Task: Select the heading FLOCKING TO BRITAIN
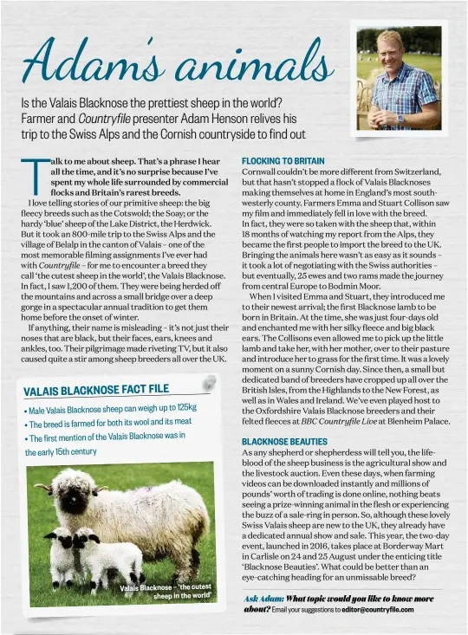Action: pos(283,161)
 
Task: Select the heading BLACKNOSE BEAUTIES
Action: pos(284,442)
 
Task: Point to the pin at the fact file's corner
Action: pos(208,382)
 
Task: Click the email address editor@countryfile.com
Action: pos(378,609)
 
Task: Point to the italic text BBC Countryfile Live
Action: pos(339,421)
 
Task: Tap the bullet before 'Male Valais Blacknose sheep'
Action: pos(25,411)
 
